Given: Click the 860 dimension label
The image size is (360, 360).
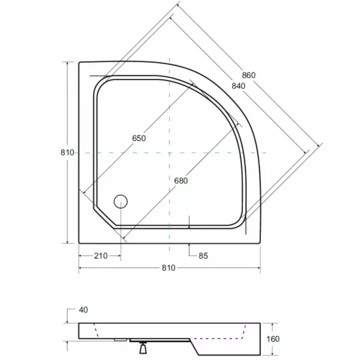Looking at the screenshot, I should tap(248, 75).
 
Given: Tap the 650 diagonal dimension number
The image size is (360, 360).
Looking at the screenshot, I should tap(139, 139).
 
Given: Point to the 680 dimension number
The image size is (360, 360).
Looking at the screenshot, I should tap(181, 181).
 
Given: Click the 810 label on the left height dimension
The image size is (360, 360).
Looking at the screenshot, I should tap(67, 153).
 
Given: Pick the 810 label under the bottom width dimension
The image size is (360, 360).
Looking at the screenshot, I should tap(169, 268).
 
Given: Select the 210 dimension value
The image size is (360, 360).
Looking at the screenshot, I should tap(101, 256).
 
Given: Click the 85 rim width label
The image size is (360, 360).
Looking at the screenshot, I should tap(203, 256).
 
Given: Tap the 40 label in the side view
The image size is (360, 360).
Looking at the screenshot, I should tap(83, 310).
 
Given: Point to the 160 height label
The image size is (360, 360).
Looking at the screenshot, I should tap(273, 339).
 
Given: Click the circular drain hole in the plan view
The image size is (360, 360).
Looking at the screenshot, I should tap(120, 202).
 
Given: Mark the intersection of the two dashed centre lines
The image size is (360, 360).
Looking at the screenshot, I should tap(169, 153).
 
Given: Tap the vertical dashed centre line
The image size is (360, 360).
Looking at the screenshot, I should tap(169, 108).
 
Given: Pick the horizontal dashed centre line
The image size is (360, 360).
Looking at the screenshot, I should tap(217, 153).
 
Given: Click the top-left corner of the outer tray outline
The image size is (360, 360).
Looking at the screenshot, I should tap(80, 62).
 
